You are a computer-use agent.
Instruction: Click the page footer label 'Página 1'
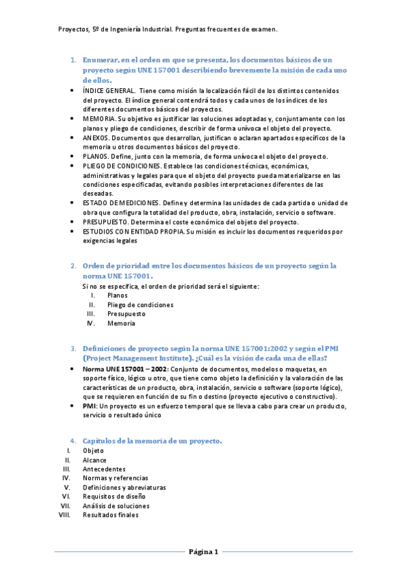tap(203, 552)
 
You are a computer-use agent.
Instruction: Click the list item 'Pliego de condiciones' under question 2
tap(140, 305)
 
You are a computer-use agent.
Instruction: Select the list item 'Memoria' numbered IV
tap(121, 324)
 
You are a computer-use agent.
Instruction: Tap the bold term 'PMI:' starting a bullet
tap(90, 406)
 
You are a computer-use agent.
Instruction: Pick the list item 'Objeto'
tap(94, 450)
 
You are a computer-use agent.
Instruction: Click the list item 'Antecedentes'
tap(104, 469)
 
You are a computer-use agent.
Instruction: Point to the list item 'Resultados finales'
tap(111, 515)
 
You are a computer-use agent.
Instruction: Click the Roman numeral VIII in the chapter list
tap(65, 515)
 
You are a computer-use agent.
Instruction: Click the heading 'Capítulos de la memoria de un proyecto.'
tap(152, 441)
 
